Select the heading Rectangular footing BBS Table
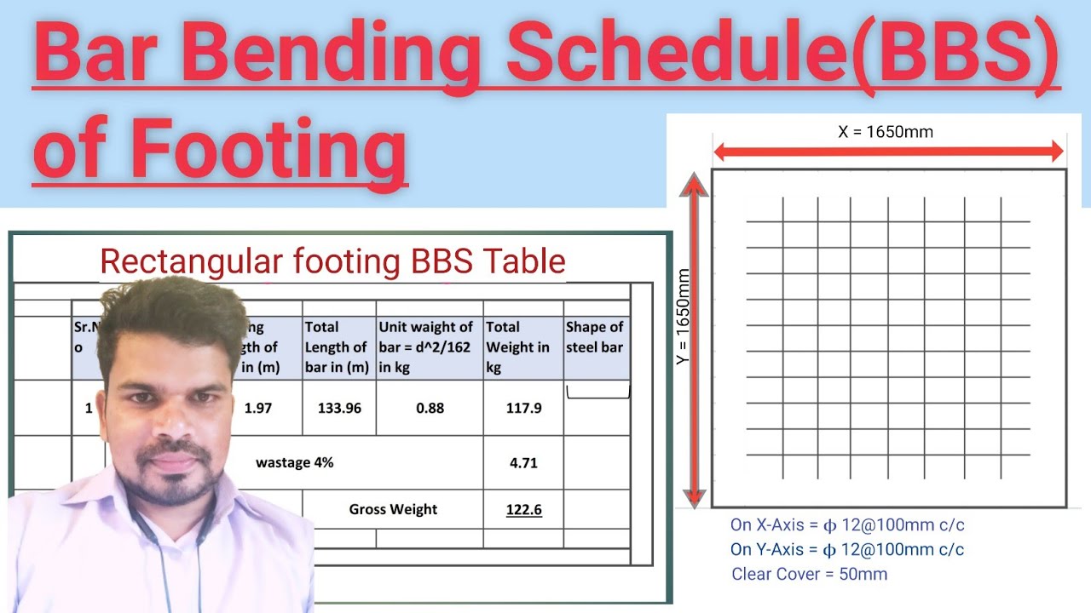(332, 261)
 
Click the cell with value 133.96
(339, 408)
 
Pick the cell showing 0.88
(430, 408)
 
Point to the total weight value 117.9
(523, 408)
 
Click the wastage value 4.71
(523, 463)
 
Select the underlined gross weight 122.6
(523, 510)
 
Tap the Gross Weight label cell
(393, 509)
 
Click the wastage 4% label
(294, 463)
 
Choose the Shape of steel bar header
(595, 337)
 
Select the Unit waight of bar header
(426, 347)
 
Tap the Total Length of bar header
(337, 347)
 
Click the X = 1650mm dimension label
(886, 132)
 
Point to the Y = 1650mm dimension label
(684, 318)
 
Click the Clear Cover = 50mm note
(809, 575)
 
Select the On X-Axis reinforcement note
(847, 525)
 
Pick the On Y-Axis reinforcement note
(847, 550)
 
